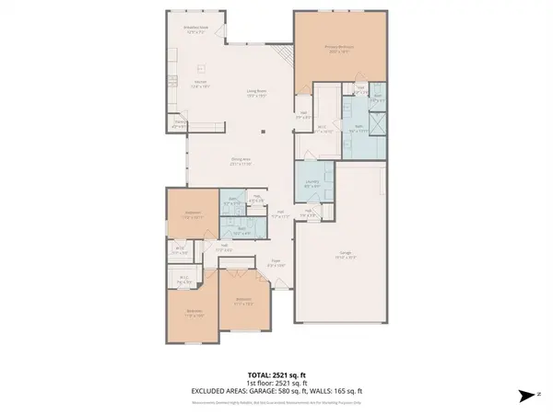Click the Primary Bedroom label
(x=340, y=47)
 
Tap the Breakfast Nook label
(x=196, y=29)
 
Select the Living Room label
(x=256, y=91)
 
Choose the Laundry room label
(x=312, y=183)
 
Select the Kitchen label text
(x=198, y=84)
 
